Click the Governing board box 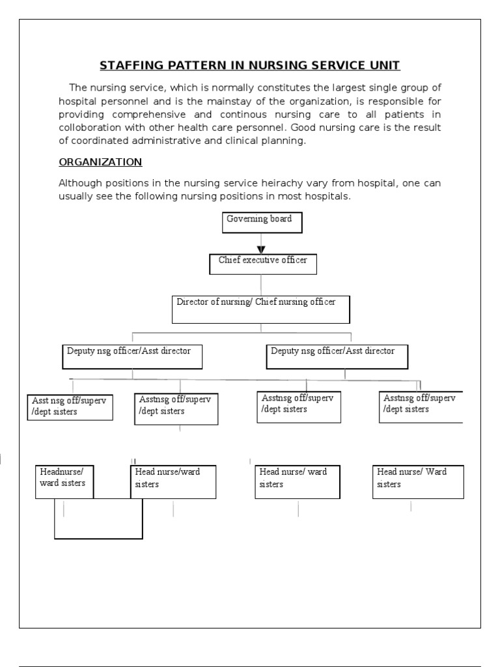click(x=260, y=222)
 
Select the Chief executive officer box click(x=261, y=264)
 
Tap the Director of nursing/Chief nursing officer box click(x=260, y=309)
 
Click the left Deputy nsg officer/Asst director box click(x=132, y=356)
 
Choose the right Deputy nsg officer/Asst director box click(x=338, y=356)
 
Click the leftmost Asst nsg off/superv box click(x=70, y=407)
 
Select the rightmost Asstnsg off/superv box click(x=421, y=406)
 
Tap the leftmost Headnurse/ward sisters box click(x=64, y=482)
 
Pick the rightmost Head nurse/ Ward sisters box click(x=418, y=482)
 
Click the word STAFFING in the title click(x=129, y=66)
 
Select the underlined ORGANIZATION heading click(x=100, y=162)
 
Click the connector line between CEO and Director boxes click(x=261, y=285)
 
